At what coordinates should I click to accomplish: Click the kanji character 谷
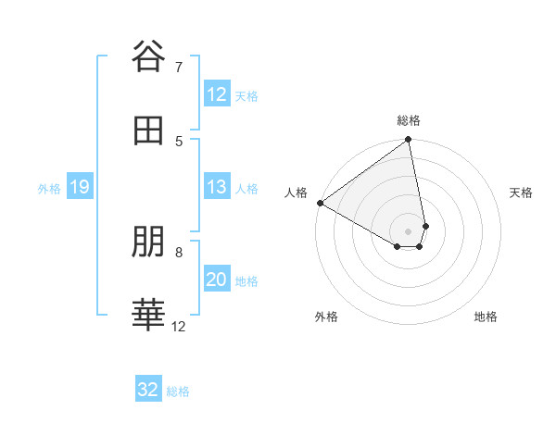pos(148,57)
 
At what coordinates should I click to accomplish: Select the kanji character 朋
pos(148,242)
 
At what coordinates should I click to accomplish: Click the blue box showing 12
pos(217,94)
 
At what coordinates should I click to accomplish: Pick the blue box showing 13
pos(217,188)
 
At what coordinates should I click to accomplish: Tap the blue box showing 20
pos(217,280)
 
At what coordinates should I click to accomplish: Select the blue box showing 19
pos(80,188)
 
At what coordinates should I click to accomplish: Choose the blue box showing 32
pos(148,390)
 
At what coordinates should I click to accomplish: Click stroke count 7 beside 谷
pos(179,67)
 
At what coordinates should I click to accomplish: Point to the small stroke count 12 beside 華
pos(179,326)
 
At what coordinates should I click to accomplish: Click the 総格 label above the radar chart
pos(409,120)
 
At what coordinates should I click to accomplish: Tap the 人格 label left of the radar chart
pos(296,193)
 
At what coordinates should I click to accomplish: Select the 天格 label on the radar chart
pos(521,193)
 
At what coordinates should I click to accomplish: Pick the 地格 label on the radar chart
pos(486,317)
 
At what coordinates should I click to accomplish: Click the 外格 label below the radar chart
pos(326,317)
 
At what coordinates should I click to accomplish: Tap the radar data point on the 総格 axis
pos(409,141)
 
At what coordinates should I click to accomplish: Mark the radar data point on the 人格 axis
pos(320,203)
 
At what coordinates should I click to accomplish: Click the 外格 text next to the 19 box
pos(49,189)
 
